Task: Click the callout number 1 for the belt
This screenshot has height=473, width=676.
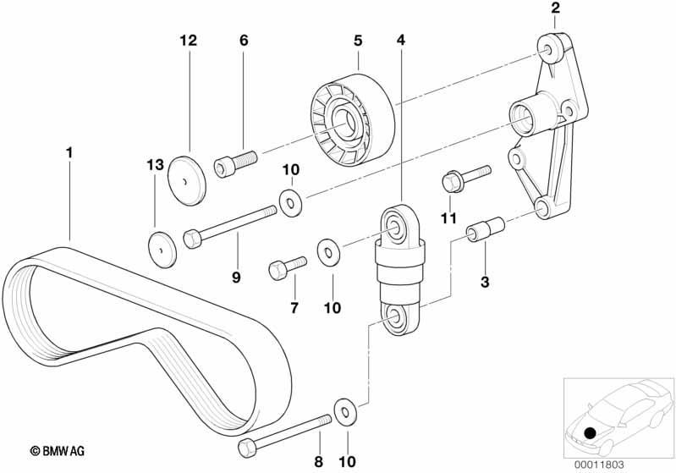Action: click(70, 153)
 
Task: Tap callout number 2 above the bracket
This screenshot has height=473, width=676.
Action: click(555, 9)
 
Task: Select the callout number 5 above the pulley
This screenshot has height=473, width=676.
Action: click(358, 40)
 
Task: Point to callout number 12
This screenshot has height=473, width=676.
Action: click(187, 40)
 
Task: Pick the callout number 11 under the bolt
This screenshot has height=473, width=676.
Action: click(448, 218)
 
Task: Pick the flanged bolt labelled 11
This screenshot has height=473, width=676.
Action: click(458, 178)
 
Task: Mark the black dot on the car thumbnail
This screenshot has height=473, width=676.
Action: click(589, 434)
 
